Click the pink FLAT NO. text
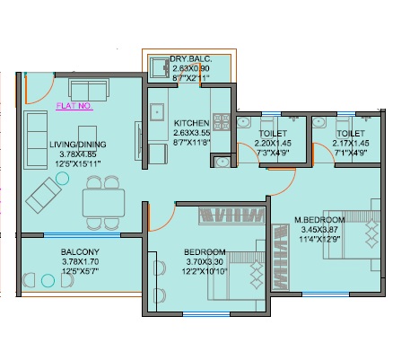(74, 106)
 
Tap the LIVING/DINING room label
(78, 145)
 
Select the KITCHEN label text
(191, 123)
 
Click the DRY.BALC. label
(191, 58)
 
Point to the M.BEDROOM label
(319, 220)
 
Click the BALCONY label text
(80, 251)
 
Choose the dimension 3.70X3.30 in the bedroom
(205, 262)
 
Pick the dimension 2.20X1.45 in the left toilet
(273, 144)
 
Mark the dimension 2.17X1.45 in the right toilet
(351, 144)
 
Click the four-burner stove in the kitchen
(222, 122)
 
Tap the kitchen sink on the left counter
(157, 112)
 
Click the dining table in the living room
(104, 203)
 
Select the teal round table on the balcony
(48, 281)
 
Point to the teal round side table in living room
(62, 179)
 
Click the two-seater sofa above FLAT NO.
(89, 90)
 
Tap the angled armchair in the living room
(44, 195)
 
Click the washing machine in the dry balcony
(160, 68)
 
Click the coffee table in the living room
(87, 138)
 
